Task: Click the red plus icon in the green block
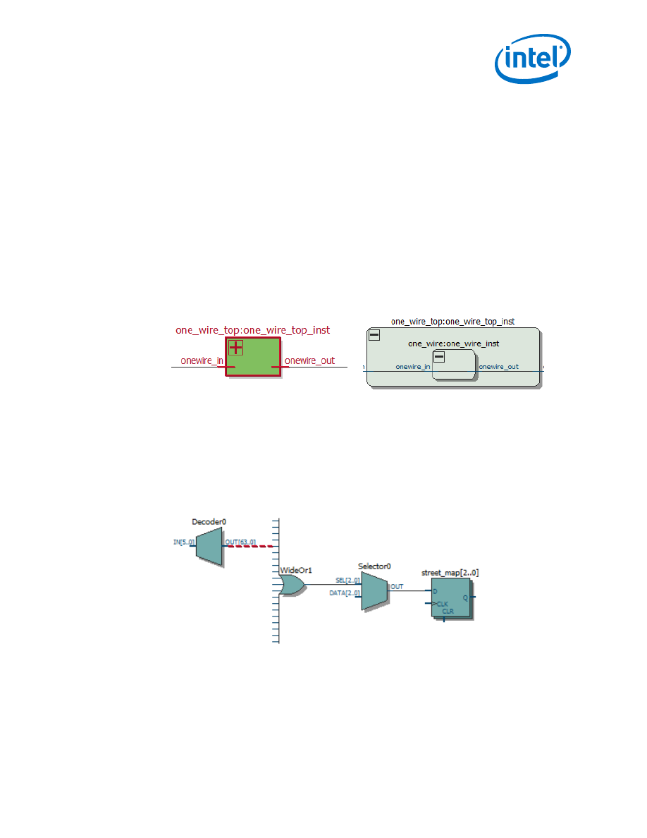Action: tap(235, 347)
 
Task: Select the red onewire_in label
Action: tap(202, 360)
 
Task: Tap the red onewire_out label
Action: tap(309, 360)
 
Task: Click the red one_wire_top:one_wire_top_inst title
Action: tap(252, 329)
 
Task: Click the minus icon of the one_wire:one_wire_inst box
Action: tap(439, 357)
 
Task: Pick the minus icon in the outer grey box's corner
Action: tap(374, 335)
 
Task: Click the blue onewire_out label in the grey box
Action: tap(499, 367)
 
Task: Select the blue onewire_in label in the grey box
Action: tap(413, 367)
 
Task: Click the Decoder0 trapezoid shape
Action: tap(209, 547)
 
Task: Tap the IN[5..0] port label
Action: tap(183, 542)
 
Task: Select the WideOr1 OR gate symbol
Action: tap(292, 585)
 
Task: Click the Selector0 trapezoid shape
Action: tap(374, 590)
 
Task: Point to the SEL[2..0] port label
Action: tap(347, 581)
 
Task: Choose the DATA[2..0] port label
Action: tap(344, 594)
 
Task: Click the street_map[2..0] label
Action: tap(450, 573)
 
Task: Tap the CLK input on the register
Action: tap(442, 604)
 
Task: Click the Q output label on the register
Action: tap(464, 597)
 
